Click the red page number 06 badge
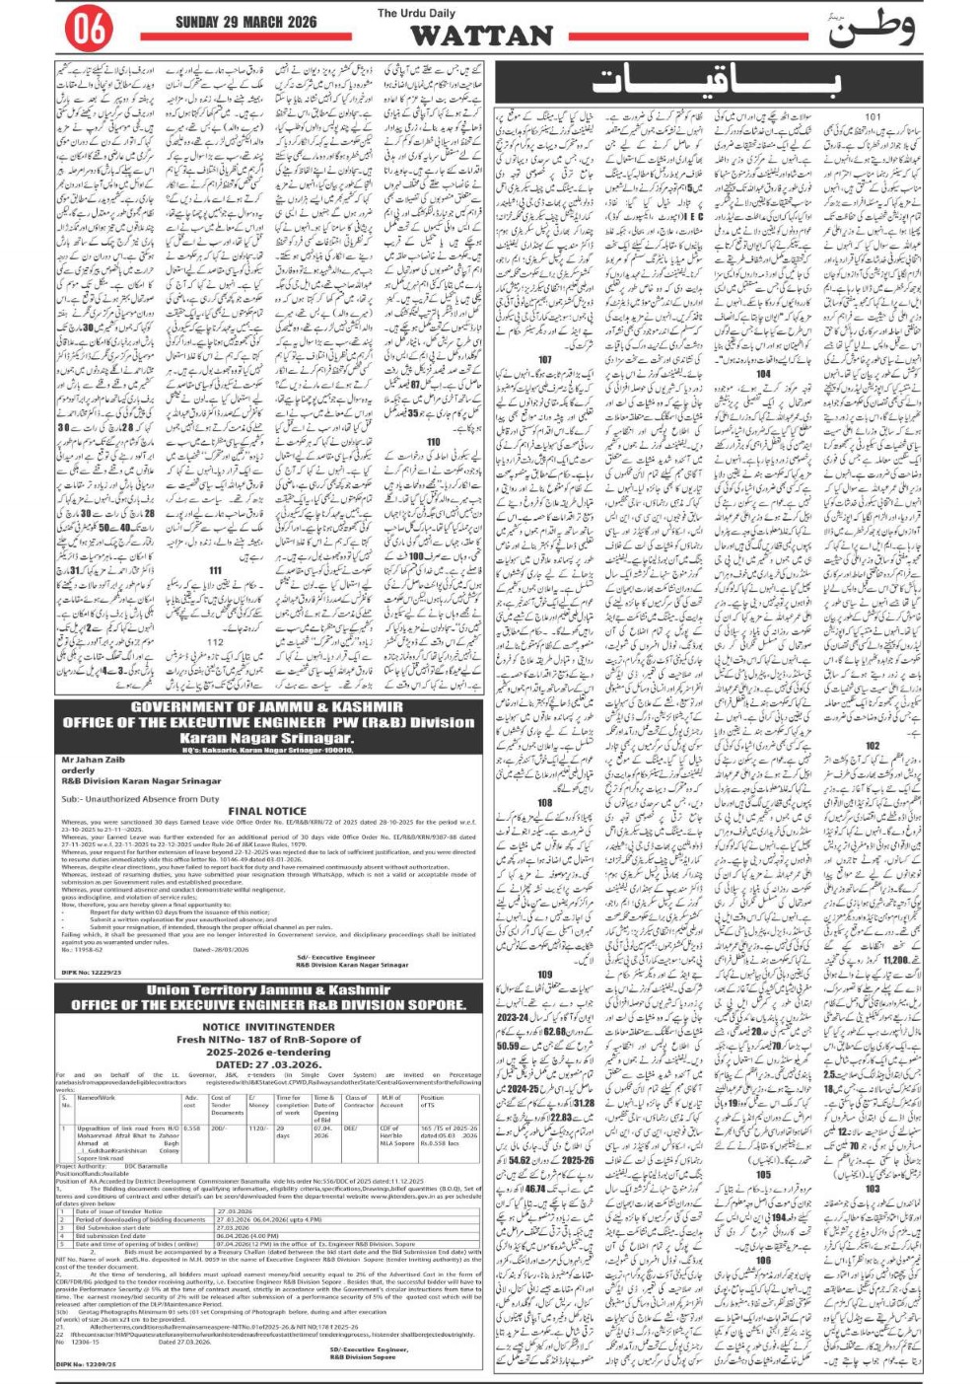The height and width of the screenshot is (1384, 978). (88, 30)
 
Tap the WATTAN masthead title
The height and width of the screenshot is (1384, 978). (481, 36)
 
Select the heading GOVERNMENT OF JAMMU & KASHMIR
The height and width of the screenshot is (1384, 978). (267, 707)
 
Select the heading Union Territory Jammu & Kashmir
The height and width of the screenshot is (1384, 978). (268, 989)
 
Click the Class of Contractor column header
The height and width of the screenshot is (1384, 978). (356, 1102)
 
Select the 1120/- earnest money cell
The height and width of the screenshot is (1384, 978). (258, 1128)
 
